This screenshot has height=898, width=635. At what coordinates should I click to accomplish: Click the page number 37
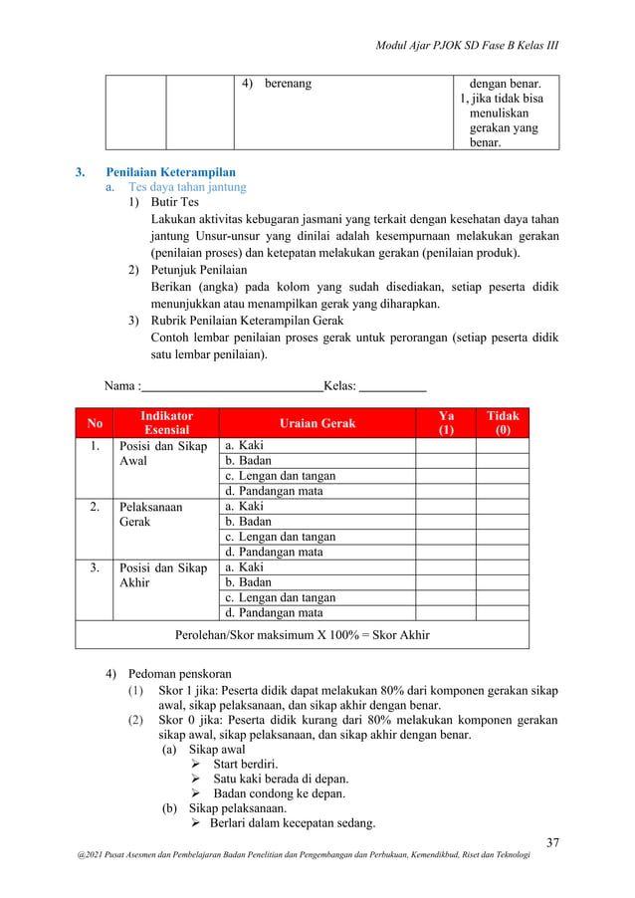552,844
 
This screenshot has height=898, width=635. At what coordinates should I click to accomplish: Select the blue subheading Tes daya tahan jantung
187,186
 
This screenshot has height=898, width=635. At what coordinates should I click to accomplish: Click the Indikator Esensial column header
166,423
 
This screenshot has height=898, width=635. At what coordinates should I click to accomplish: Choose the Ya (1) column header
446,423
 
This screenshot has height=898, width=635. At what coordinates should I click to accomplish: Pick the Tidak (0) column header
502,423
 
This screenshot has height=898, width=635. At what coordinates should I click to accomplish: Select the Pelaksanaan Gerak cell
150,514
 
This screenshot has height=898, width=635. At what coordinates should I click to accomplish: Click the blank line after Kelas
392,386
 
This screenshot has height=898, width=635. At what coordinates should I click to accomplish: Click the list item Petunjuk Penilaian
198,270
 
